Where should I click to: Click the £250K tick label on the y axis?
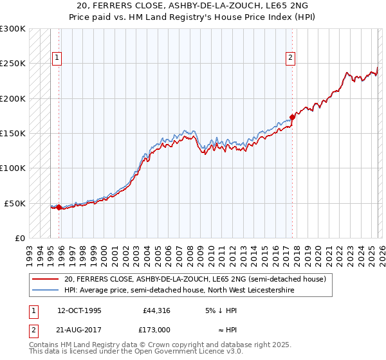tap(13, 64)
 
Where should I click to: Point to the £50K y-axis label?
tap(15, 203)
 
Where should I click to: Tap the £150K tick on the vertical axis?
tap(13, 134)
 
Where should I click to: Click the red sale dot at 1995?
tap(59, 207)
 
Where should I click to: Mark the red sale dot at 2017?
tap(292, 117)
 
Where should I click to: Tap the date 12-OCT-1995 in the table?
tap(79, 310)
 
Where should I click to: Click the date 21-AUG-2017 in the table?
tap(79, 329)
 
